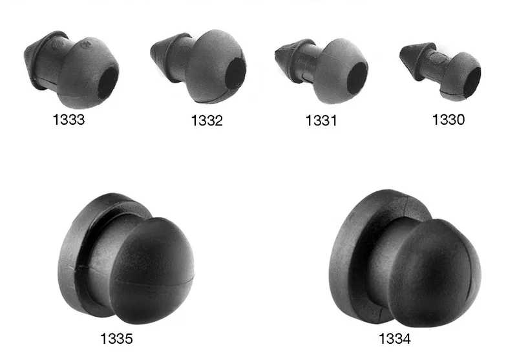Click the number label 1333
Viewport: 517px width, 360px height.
(x=69, y=120)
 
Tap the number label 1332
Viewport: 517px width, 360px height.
(x=207, y=121)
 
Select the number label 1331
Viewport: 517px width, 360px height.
(x=321, y=121)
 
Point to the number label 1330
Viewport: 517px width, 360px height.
(x=448, y=120)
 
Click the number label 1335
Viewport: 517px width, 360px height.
(x=116, y=339)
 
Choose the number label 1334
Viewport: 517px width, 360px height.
(x=395, y=339)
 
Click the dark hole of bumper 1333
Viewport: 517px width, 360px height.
(x=107, y=83)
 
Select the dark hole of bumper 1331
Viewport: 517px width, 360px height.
(x=357, y=77)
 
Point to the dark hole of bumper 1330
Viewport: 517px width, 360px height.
(x=472, y=83)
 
